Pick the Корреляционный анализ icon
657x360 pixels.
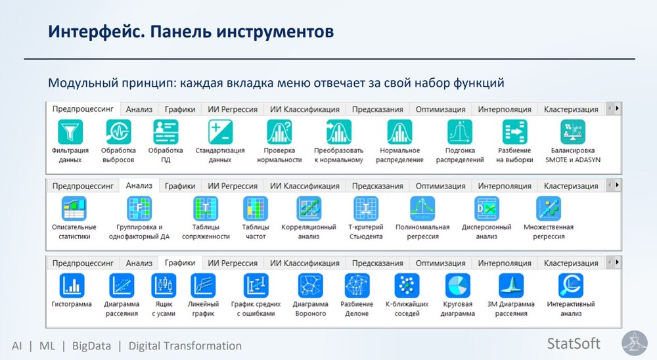pos(309,208)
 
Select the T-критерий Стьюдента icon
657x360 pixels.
pos(365,208)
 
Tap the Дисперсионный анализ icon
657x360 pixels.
pos(486,208)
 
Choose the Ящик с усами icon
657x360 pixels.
pos(164,285)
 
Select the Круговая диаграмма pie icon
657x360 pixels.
pos(458,285)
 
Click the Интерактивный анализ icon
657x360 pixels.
pos(571,285)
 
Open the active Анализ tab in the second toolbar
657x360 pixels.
pos(139,186)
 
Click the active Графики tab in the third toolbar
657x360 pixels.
pos(179,263)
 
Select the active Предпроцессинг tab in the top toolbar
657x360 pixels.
pos(83,109)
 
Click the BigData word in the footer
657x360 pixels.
pos(91,346)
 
